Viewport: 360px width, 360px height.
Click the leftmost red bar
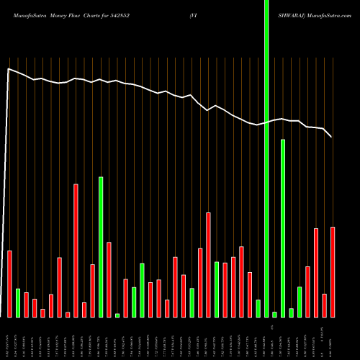(9, 284)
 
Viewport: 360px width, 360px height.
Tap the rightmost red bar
(333, 271)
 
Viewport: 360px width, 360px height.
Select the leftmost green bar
(18, 302)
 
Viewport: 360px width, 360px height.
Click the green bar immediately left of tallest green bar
(258, 308)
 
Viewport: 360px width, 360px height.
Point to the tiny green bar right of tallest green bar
(274, 314)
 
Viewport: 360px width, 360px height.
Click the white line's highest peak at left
(8, 69)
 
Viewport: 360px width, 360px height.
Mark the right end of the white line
(331, 137)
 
